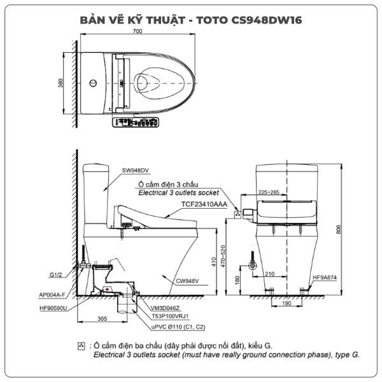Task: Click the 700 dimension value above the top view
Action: coord(138,31)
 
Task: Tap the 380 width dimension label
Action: coord(60,83)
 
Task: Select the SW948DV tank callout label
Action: coord(135,170)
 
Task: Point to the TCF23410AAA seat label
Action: coord(204,204)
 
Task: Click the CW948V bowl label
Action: coord(187,281)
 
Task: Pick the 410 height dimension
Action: coord(214,262)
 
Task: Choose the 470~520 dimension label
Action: coord(223,256)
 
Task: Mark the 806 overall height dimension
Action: coord(339,229)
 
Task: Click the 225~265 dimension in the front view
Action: coord(269,192)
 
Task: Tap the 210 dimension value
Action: coord(270,274)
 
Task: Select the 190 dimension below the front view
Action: coord(286,303)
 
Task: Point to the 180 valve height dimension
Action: coord(237,280)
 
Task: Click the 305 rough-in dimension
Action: coord(102,319)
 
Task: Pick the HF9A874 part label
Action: coord(325,277)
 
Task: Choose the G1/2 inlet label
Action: coord(55,275)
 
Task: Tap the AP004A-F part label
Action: coord(52,295)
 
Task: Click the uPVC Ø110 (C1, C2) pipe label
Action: coord(178,327)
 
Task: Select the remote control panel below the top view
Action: coord(136,122)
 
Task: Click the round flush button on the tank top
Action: coord(93,83)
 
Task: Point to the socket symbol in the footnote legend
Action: coord(81,346)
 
